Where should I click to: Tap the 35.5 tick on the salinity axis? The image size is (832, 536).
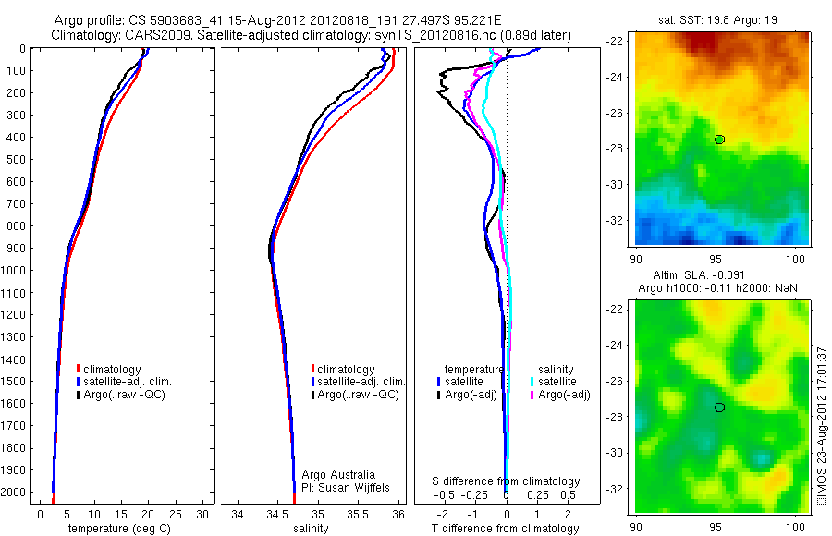coord(358,514)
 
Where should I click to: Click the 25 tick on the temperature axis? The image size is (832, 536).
coord(176,514)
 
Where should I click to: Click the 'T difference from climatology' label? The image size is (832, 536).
coord(506,529)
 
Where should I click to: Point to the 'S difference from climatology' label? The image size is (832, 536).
coord(507,481)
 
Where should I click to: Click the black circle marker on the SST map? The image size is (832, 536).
coord(719,140)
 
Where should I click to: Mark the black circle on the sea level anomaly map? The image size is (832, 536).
coord(719,408)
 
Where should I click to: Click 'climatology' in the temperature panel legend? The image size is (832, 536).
coord(114,370)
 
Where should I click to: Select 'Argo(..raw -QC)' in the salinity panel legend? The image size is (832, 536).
coord(358,395)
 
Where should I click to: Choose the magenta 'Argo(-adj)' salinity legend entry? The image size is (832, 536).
coord(563,395)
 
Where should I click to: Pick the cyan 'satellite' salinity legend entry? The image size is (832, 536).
coord(557,382)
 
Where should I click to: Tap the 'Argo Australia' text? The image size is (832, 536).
coord(340,474)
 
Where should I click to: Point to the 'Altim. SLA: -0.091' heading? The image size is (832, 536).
coord(723,275)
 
